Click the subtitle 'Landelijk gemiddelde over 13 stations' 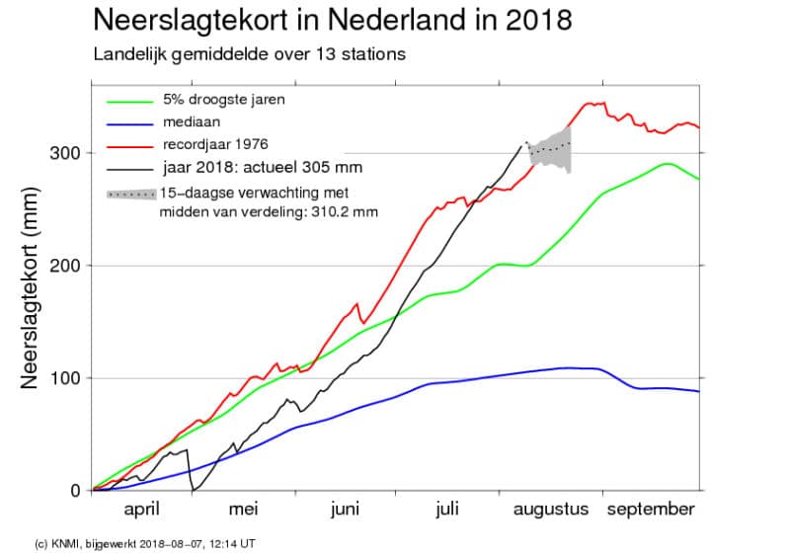(249, 54)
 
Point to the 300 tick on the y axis (64, 153)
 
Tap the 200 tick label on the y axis (64, 266)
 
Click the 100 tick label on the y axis (64, 378)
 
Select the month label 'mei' (243, 510)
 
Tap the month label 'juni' (345, 510)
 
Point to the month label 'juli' (446, 510)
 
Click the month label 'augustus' (550, 510)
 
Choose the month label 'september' (651, 510)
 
